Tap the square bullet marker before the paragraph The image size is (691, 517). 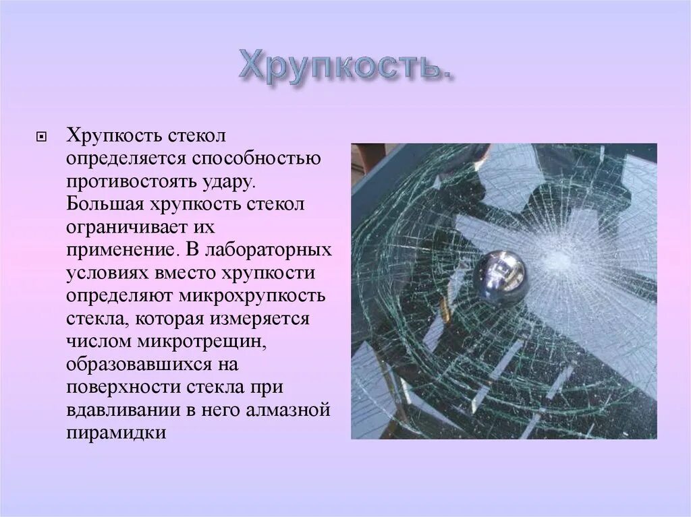click(x=41, y=137)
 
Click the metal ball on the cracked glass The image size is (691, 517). click(x=499, y=275)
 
